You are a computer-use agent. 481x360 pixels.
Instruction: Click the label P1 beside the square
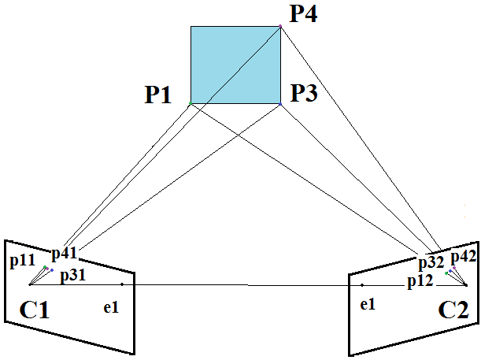pos(157,95)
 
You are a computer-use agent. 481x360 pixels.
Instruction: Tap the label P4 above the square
pos(304,14)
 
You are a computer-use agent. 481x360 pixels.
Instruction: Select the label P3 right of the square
pos(304,94)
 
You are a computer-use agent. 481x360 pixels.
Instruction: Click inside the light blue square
pos(235,65)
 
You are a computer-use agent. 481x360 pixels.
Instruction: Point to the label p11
pos(24,259)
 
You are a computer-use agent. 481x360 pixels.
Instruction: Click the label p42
pos(464,257)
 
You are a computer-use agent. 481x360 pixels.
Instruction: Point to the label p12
pos(420,280)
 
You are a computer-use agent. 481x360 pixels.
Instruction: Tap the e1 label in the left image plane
pos(111,306)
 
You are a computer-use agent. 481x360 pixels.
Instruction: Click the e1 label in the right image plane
pos(366,304)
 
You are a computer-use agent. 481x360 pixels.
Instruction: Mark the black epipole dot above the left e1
pos(122,284)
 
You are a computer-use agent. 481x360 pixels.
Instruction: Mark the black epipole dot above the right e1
pos(361,284)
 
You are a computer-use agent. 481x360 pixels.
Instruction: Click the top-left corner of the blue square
pos(191,26)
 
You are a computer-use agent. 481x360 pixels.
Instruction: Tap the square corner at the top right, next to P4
pos(280,26)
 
